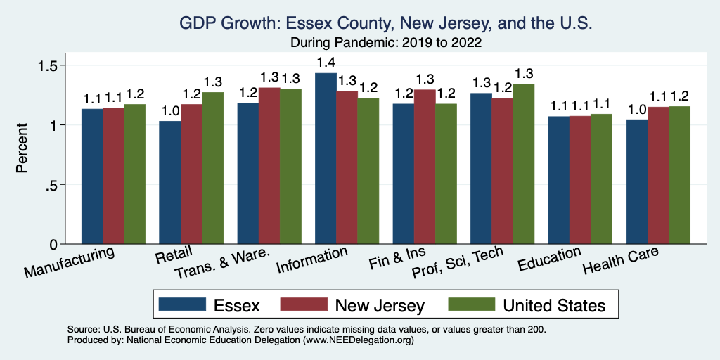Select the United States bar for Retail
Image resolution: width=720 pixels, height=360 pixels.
[212, 168]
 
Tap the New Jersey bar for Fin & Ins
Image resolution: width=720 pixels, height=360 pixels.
[425, 167]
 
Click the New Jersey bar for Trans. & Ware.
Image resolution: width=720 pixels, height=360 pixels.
[269, 165]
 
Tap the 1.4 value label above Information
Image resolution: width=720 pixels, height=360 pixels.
[326, 63]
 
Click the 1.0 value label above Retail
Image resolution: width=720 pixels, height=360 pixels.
[169, 111]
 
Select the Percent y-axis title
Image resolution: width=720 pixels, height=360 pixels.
[22, 149]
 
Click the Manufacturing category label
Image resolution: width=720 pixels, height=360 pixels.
[70, 261]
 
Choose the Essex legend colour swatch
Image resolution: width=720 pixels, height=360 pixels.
[182, 305]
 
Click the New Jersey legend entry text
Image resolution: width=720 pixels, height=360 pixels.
[380, 305]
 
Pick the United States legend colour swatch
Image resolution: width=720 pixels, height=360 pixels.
[470, 305]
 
